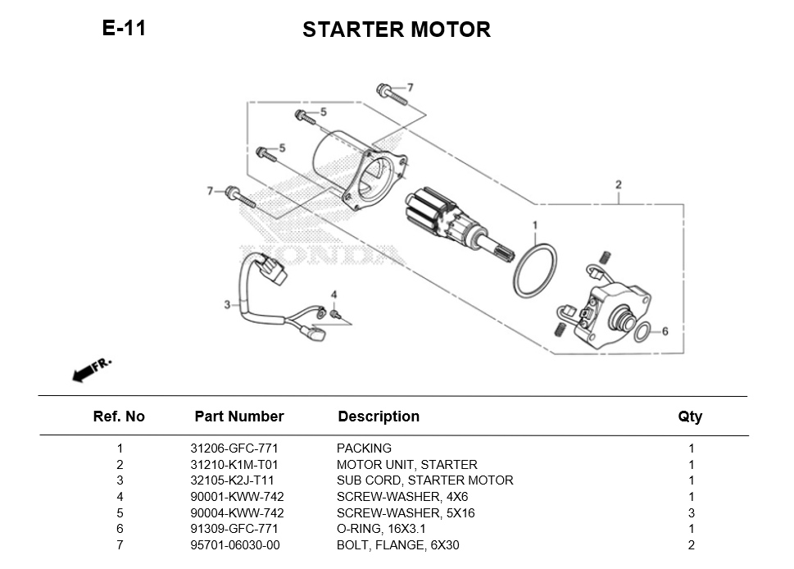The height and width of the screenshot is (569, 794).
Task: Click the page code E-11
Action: point(124,28)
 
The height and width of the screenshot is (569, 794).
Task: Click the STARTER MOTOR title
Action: point(396,30)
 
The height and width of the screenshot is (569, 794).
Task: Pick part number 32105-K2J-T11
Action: point(232,480)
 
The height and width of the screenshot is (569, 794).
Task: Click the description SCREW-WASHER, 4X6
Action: point(402,497)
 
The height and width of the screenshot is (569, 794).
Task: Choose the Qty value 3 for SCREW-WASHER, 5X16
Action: point(691,513)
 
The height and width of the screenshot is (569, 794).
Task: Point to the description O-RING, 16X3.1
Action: point(381,529)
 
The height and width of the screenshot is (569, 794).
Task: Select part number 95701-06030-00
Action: point(235,545)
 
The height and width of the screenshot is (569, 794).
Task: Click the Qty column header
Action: point(690,417)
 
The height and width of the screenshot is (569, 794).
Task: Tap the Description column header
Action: point(378,417)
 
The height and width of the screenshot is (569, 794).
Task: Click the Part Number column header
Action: point(238,417)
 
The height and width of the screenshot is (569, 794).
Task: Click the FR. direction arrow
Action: point(91,370)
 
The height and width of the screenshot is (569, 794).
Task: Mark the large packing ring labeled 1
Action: point(535,270)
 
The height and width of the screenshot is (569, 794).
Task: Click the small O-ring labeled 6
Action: point(644,332)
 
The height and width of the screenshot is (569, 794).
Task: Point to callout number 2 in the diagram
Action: point(618,184)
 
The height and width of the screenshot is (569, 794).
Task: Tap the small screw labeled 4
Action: point(334,313)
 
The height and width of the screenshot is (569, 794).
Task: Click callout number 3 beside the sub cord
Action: point(227,305)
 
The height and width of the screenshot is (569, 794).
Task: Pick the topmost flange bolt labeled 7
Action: point(391,93)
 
